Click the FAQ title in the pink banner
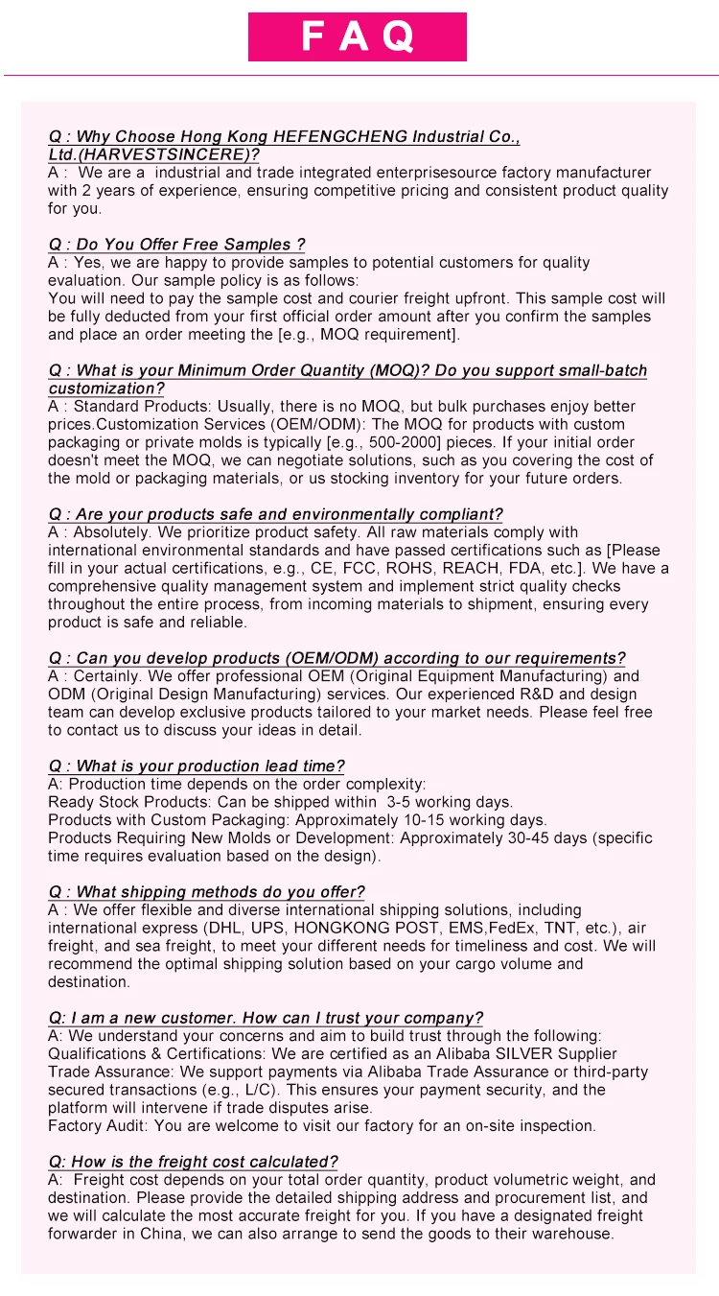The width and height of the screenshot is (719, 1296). pos(358,37)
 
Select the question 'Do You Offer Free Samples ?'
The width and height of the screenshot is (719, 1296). pos(176,245)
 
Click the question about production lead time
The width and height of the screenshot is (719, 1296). pos(196,766)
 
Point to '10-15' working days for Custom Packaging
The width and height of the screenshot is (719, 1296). pos(426,820)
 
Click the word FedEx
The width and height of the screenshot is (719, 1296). pos(513,928)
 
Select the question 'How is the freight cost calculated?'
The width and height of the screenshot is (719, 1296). pos(193,1162)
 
